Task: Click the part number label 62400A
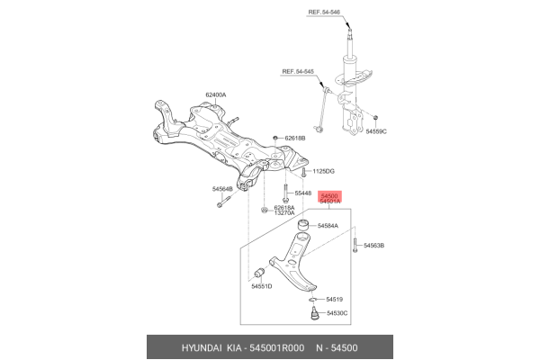[x=215, y=94]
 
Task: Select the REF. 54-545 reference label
[x=299, y=71]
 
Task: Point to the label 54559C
[x=378, y=131]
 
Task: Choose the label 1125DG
[x=323, y=171]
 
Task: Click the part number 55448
[x=302, y=193]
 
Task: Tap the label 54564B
[x=222, y=189]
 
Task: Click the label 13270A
[x=284, y=214]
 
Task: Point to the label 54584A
[x=328, y=226]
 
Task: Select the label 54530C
[x=337, y=313]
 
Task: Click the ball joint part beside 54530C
[x=314, y=314]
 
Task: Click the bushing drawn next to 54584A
[x=303, y=225]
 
